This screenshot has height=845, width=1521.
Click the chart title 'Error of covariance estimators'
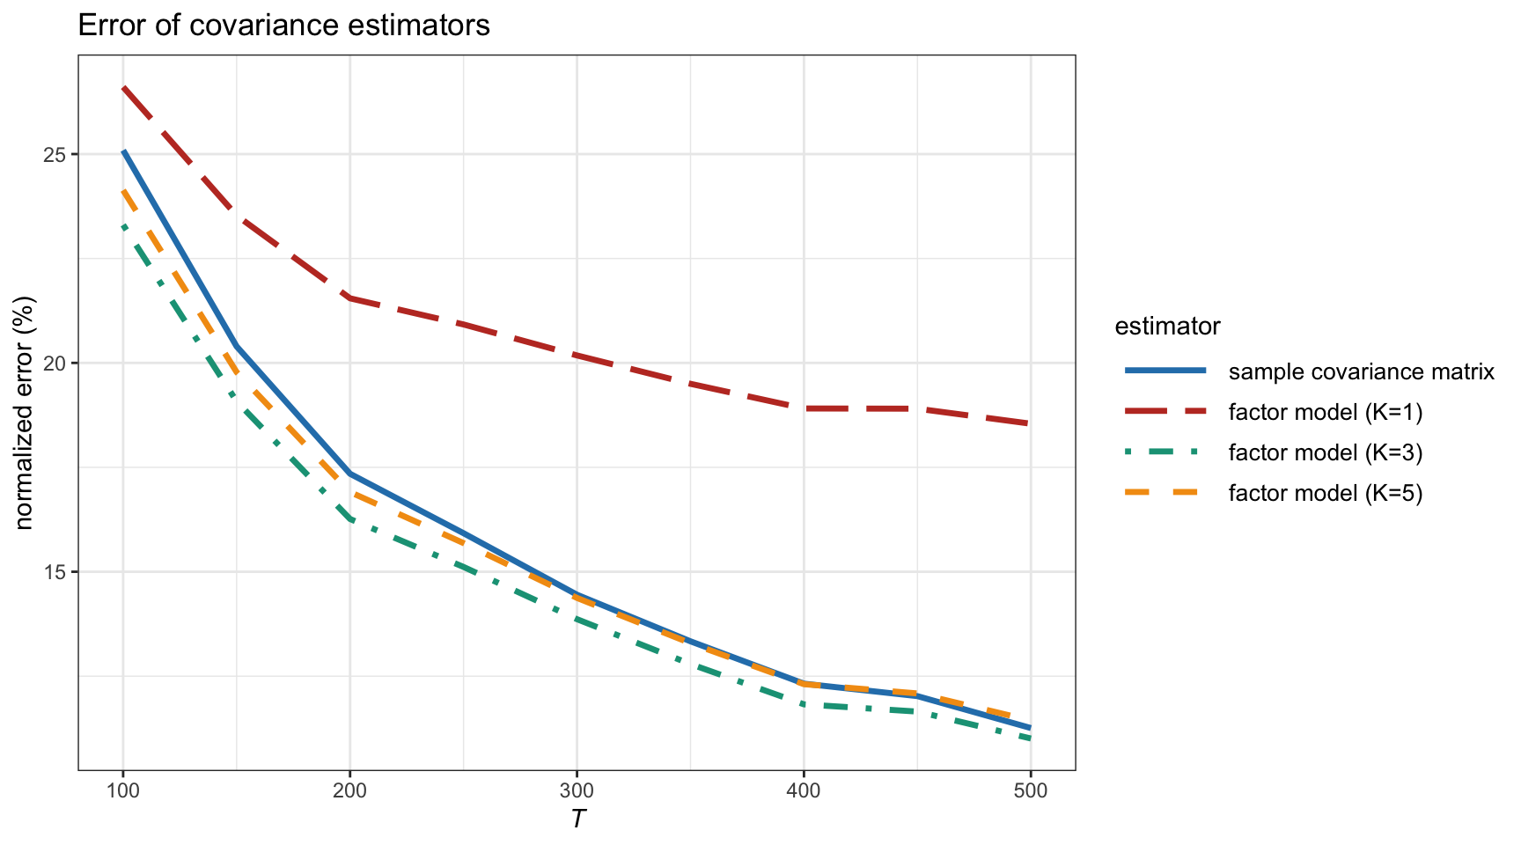[x=283, y=26]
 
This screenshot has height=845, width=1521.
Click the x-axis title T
[x=577, y=819]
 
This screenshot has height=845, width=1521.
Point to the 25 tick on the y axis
[x=58, y=155]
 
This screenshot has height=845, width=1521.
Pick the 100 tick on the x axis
[x=123, y=790]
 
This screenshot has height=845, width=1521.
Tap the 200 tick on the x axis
[x=349, y=790]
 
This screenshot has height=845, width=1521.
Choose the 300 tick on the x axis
[x=577, y=790]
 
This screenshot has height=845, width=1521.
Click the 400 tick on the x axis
[x=804, y=790]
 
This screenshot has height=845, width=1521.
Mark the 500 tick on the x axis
[x=1030, y=790]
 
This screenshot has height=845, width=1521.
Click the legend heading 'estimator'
[x=1167, y=327]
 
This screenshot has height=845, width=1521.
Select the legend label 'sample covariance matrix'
[x=1361, y=371]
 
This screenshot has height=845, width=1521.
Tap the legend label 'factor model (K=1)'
[x=1325, y=412]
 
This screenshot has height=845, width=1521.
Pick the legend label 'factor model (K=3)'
[x=1325, y=452]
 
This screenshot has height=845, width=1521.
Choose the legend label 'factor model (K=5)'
[x=1325, y=493]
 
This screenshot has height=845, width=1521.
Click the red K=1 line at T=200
[x=349, y=298]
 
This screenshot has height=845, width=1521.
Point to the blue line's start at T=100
[x=123, y=151]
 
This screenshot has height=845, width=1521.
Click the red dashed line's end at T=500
[x=1030, y=424]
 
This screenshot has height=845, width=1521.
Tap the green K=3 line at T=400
[x=804, y=704]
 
